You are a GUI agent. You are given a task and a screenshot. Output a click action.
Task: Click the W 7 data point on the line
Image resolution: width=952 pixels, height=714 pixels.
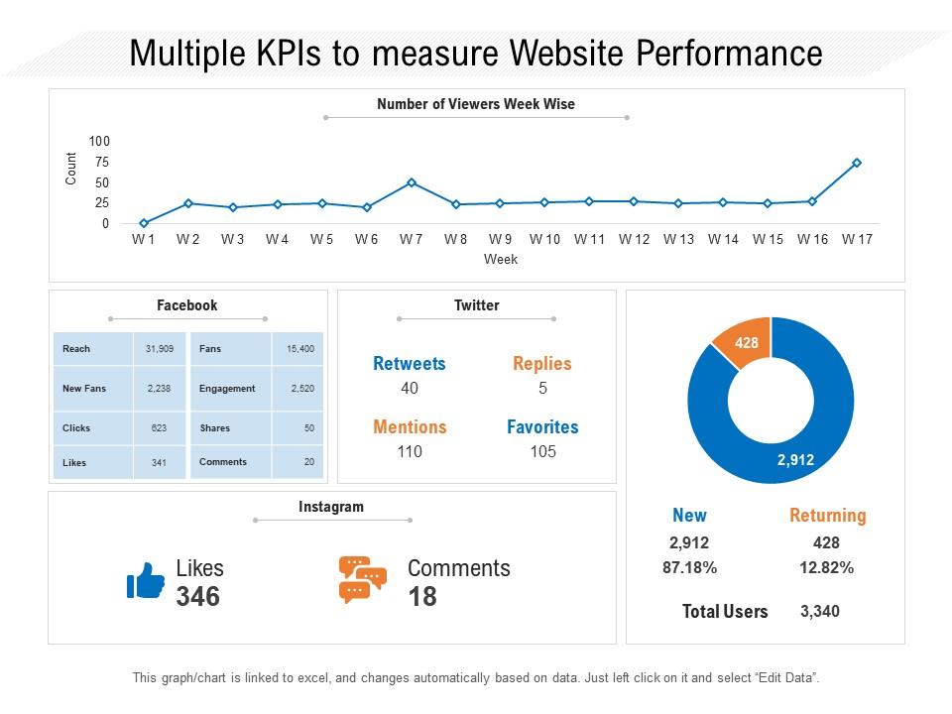[x=411, y=182]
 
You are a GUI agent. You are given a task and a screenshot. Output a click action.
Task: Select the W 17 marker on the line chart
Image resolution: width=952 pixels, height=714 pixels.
[x=857, y=163]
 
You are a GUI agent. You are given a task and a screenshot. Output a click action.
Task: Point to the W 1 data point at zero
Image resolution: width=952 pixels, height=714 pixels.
[x=144, y=223]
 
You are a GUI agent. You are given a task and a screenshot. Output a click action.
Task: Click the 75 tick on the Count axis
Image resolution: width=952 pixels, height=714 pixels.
[x=102, y=162]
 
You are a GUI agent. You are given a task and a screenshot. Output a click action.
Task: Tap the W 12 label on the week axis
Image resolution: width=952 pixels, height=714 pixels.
[x=634, y=239]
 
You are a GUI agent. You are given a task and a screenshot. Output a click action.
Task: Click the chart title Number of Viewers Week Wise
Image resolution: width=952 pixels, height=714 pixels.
[x=476, y=104]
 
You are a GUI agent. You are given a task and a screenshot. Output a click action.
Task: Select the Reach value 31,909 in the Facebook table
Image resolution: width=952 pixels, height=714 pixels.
[x=159, y=349]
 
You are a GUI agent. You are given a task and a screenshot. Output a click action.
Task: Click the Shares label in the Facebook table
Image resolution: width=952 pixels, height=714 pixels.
[x=214, y=428]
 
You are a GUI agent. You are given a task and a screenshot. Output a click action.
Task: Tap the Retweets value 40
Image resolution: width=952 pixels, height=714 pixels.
[x=410, y=389]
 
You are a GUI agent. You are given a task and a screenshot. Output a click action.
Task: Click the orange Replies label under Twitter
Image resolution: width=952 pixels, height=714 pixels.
[x=542, y=364]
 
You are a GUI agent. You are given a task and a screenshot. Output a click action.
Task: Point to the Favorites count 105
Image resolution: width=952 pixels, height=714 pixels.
[x=542, y=452]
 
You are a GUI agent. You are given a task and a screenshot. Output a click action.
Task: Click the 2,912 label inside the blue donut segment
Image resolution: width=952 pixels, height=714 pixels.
[x=795, y=460]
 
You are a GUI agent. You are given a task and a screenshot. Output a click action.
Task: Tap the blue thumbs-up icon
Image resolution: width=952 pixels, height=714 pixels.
[x=146, y=581]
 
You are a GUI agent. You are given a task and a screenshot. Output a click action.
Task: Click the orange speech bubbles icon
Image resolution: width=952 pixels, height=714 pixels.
[x=362, y=580]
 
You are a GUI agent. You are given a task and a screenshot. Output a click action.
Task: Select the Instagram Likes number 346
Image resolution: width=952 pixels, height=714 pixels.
[x=197, y=597]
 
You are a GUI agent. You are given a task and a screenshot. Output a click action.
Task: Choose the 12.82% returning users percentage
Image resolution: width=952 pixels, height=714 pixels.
[x=826, y=568]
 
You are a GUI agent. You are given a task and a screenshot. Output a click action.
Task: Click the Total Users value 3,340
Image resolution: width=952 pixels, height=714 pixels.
[x=820, y=611]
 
